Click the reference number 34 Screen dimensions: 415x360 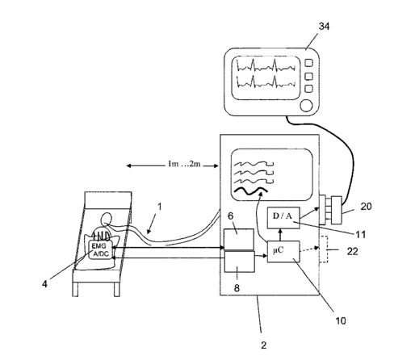324,27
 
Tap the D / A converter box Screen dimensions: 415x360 283,218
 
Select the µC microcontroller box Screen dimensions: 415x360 283,252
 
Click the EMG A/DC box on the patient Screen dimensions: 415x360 101,250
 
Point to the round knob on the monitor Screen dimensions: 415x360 306,106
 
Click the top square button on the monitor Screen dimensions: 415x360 308,63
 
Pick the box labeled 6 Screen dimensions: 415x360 239,239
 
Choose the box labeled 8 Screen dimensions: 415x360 240,262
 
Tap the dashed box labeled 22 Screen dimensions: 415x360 323,249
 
